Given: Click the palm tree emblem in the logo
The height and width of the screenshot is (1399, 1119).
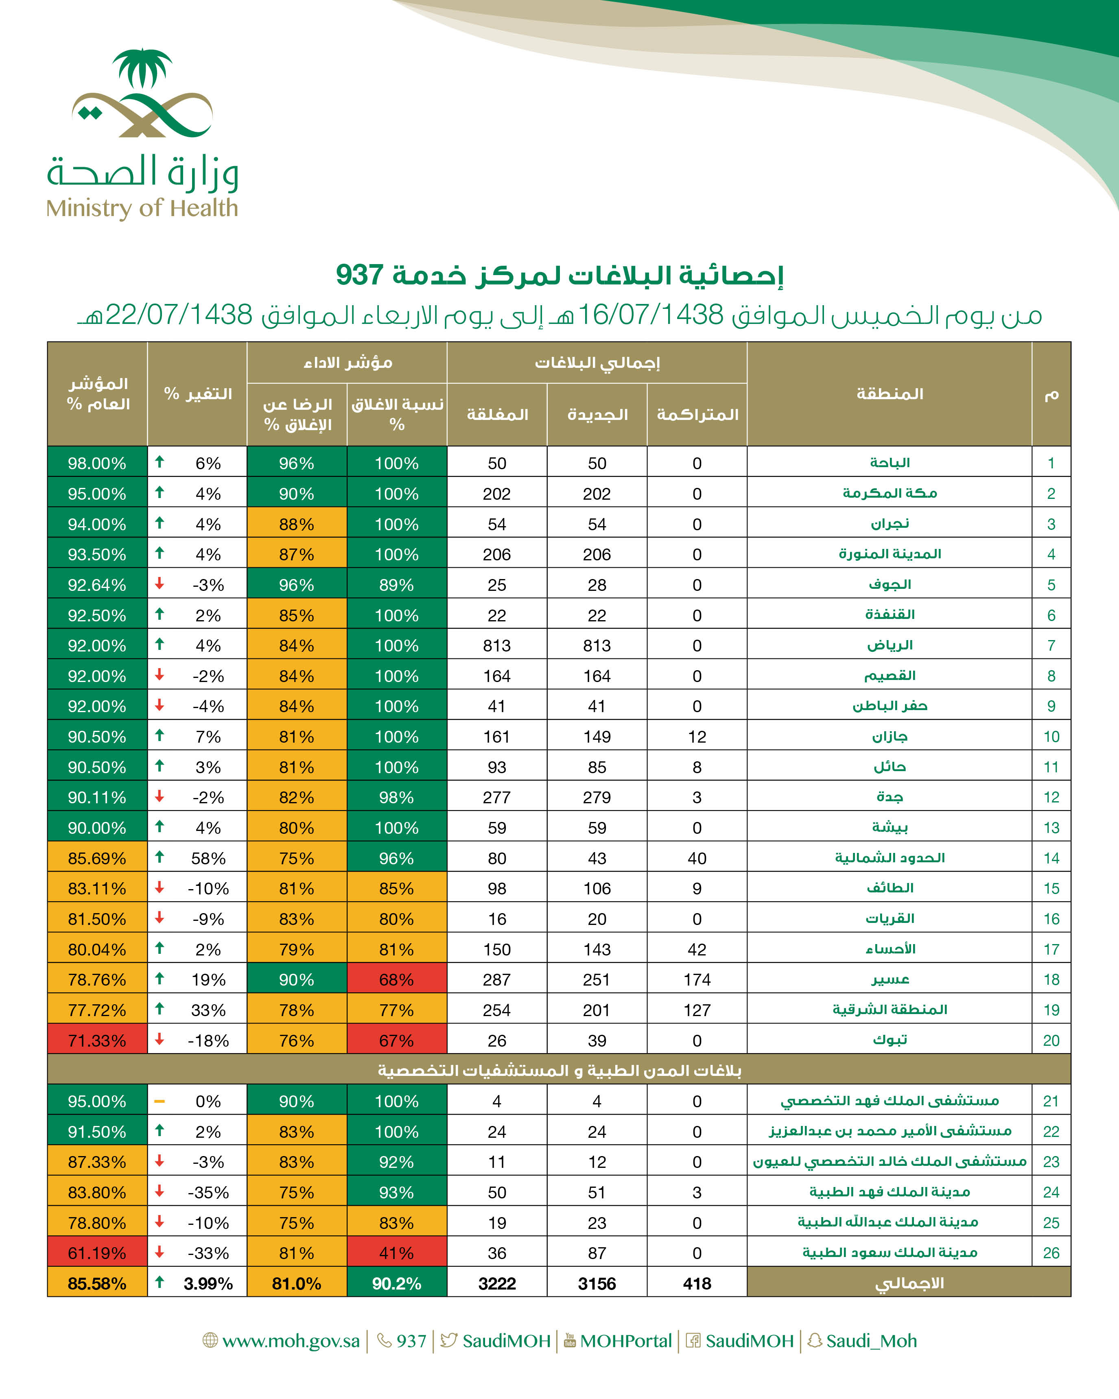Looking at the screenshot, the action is [x=142, y=68].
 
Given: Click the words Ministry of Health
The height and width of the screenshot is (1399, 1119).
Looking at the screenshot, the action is [x=142, y=208].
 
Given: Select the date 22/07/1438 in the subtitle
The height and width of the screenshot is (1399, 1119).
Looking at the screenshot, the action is [x=178, y=315].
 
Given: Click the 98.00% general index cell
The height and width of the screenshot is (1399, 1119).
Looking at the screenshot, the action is [x=97, y=463].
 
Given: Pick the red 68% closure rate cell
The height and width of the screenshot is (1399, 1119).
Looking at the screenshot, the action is [x=396, y=980].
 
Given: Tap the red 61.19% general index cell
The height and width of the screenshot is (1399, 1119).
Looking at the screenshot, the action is [x=97, y=1253].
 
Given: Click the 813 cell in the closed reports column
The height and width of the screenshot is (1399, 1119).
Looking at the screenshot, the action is [x=497, y=646].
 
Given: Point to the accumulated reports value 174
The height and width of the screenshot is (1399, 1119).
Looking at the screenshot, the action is [x=697, y=980].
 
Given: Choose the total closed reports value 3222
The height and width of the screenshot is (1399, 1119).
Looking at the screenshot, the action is [x=497, y=1283].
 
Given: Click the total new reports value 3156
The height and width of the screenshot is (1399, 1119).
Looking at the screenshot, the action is [x=597, y=1283].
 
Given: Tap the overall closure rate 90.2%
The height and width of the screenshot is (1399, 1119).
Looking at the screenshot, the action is [x=396, y=1283].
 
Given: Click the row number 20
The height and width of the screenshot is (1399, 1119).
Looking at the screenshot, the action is [x=1051, y=1041].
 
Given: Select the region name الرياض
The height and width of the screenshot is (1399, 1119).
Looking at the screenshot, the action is [x=890, y=645].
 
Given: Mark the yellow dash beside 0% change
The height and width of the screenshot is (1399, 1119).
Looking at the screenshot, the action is [x=160, y=1101].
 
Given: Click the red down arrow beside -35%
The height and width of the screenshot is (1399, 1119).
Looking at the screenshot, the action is [x=160, y=1191].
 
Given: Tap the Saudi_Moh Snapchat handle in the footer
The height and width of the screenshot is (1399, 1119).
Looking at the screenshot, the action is [x=871, y=1340].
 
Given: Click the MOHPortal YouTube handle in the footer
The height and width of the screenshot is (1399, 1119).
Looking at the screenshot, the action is [x=626, y=1340].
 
